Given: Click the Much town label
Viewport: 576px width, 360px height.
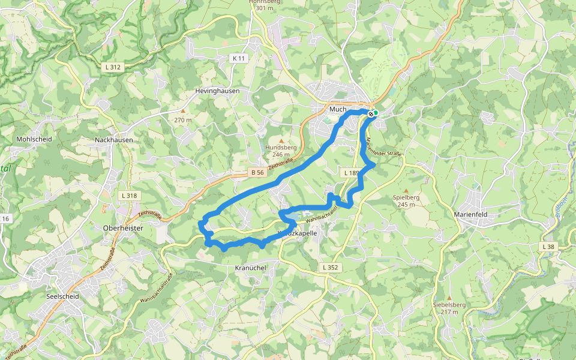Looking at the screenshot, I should pyautogui.click(x=338, y=109).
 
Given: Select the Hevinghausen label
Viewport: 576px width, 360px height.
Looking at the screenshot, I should pyautogui.click(x=217, y=91).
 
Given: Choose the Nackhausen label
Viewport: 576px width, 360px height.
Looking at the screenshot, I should pyautogui.click(x=114, y=140).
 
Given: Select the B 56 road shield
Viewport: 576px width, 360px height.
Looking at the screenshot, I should pyautogui.click(x=257, y=173).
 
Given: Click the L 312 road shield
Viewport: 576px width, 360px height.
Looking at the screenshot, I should pyautogui.click(x=112, y=67).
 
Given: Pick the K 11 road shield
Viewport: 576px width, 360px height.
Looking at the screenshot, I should pyautogui.click(x=239, y=58).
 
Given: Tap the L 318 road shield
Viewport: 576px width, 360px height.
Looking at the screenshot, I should pyautogui.click(x=129, y=196).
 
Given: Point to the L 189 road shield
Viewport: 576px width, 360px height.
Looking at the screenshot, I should pyautogui.click(x=351, y=173).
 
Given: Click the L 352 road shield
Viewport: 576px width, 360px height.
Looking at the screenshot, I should pyautogui.click(x=330, y=268).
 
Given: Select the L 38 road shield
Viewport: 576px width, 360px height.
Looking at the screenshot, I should pyautogui.click(x=548, y=247).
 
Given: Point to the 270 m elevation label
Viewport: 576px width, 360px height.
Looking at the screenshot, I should pyautogui.click(x=183, y=120).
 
